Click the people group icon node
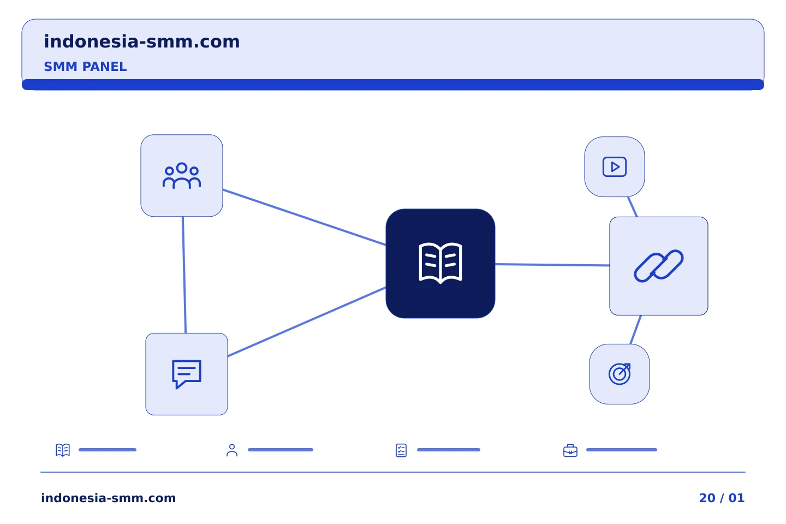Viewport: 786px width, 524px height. [x=182, y=176]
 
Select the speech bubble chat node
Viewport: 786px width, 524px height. [x=187, y=374]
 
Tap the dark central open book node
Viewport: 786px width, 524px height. [x=440, y=264]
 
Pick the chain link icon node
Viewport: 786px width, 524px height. [x=659, y=266]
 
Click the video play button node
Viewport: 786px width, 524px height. [x=615, y=166]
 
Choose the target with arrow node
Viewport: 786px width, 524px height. [x=620, y=374]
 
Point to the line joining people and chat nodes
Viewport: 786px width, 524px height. [x=184, y=275]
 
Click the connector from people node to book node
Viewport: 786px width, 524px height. [x=304, y=217]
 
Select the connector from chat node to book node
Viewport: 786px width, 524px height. [x=307, y=322]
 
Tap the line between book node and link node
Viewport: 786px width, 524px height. [x=552, y=265]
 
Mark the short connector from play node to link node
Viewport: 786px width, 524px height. [x=632, y=207]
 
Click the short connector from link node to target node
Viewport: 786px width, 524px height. [x=636, y=330]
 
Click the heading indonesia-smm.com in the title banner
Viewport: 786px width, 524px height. [x=142, y=41]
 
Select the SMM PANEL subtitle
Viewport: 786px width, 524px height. [x=85, y=67]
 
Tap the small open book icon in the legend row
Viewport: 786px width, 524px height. [x=63, y=450]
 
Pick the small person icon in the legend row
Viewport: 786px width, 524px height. [x=232, y=450]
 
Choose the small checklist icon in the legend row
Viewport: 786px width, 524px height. [x=401, y=450]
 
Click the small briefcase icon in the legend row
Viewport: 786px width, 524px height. [x=570, y=451]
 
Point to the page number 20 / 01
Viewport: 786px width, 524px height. [x=722, y=498]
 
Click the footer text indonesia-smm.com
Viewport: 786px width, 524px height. [x=109, y=498]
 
